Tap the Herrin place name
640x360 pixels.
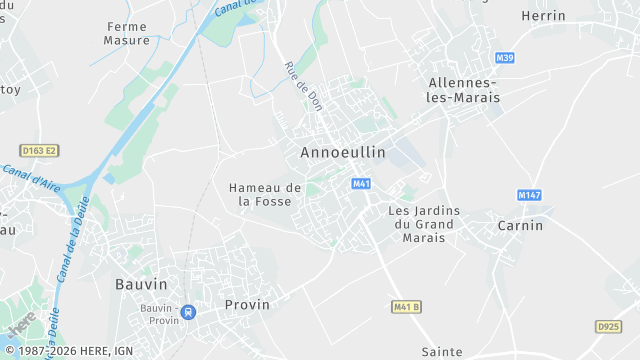pyautogui.click(x=543, y=16)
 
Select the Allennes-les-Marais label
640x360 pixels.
pyautogui.click(x=462, y=90)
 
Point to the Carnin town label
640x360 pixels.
pyautogui.click(x=520, y=225)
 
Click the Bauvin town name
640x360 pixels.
pyautogui.click(x=141, y=284)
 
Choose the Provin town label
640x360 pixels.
pyautogui.click(x=248, y=304)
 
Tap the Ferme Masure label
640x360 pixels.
pyautogui.click(x=126, y=34)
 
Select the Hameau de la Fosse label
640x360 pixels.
pyautogui.click(x=265, y=194)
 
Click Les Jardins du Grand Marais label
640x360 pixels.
pyautogui.click(x=421, y=224)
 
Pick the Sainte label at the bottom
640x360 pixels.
pyautogui.click(x=442, y=351)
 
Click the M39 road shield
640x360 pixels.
pyautogui.click(x=504, y=58)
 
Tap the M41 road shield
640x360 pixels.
pyautogui.click(x=361, y=184)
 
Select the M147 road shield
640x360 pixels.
pyautogui.click(x=529, y=194)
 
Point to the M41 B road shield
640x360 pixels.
pyautogui.click(x=406, y=305)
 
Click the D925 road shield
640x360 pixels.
pyautogui.click(x=608, y=326)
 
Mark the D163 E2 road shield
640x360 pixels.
pyautogui.click(x=39, y=150)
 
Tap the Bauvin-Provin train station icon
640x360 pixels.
pyautogui.click(x=188, y=312)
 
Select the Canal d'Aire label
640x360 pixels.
pyautogui.click(x=32, y=177)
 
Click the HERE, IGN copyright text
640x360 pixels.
pyautogui.click(x=68, y=352)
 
